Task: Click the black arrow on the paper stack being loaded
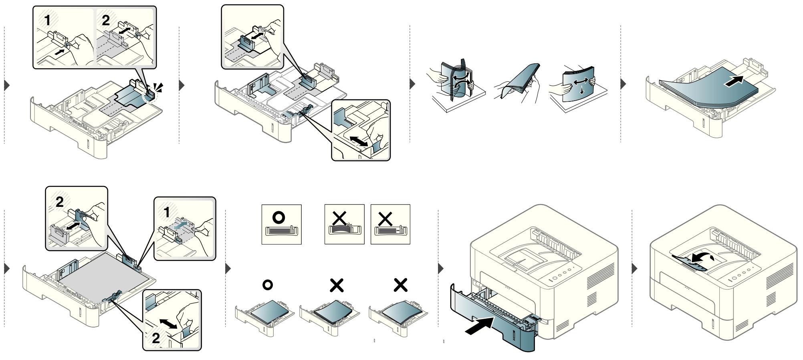point(735,81)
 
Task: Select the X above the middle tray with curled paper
point(337,285)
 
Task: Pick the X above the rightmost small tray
point(401,285)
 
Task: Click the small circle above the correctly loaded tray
point(268,285)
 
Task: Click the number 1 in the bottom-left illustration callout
point(167,212)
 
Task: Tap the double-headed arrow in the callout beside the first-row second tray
point(359,140)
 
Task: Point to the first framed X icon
point(344,224)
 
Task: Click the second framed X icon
point(390,224)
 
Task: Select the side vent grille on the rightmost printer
point(779,277)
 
